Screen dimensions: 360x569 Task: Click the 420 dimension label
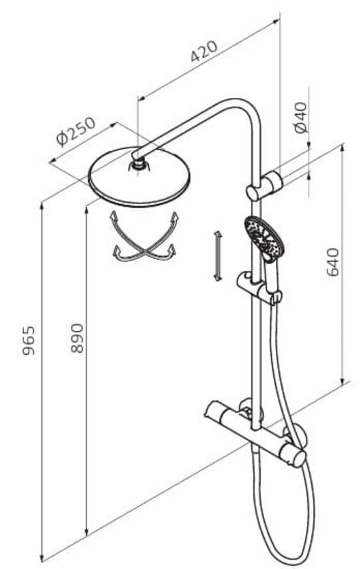tap(204, 51)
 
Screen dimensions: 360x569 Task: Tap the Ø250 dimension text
tap(76, 131)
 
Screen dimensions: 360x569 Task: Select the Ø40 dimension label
tap(301, 117)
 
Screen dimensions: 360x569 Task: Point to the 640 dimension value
tap(333, 262)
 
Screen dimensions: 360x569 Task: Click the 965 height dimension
tap(29, 340)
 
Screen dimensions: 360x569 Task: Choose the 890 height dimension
tap(77, 338)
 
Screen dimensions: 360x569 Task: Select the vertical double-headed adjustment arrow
tap(217, 255)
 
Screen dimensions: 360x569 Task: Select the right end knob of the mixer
tap(297, 458)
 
